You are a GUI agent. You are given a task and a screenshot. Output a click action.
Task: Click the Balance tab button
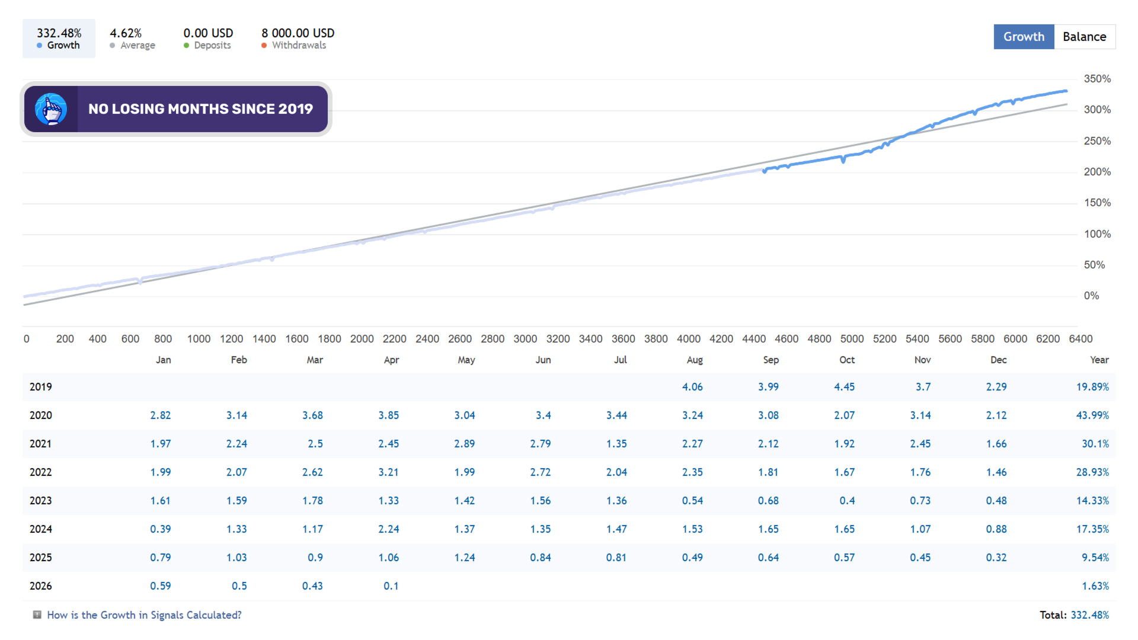click(x=1085, y=37)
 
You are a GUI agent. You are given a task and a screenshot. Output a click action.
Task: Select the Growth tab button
click(x=1024, y=37)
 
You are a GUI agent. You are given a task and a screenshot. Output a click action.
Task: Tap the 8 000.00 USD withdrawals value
click(x=298, y=33)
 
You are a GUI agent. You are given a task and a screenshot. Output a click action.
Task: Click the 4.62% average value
click(x=126, y=33)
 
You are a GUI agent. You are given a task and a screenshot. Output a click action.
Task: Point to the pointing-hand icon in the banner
click(x=51, y=109)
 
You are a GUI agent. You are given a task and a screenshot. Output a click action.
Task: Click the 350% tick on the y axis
click(x=1097, y=79)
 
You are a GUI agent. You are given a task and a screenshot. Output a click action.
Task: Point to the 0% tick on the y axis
click(x=1091, y=296)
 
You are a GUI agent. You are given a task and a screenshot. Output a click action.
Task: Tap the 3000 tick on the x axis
click(x=525, y=339)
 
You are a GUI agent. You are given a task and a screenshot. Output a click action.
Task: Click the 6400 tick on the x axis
click(x=1081, y=339)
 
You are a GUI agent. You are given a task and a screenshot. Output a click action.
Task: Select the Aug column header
click(x=695, y=360)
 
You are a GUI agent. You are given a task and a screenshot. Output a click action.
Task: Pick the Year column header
click(x=1099, y=360)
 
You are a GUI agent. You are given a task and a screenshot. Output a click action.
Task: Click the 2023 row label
click(x=41, y=501)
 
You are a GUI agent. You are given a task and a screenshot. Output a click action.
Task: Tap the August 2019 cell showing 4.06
click(x=692, y=387)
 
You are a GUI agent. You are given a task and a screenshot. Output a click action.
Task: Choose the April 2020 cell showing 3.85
click(x=389, y=415)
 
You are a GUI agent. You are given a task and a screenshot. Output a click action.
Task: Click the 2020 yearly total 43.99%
click(x=1092, y=415)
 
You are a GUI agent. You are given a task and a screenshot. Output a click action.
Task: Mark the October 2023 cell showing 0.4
click(x=847, y=501)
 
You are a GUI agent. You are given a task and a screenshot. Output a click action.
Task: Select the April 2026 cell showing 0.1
click(x=391, y=586)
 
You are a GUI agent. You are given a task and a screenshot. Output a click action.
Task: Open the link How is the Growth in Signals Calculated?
click(x=144, y=615)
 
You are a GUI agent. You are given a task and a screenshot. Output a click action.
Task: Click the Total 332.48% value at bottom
click(x=1090, y=615)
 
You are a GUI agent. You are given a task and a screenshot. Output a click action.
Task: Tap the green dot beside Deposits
click(x=186, y=46)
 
